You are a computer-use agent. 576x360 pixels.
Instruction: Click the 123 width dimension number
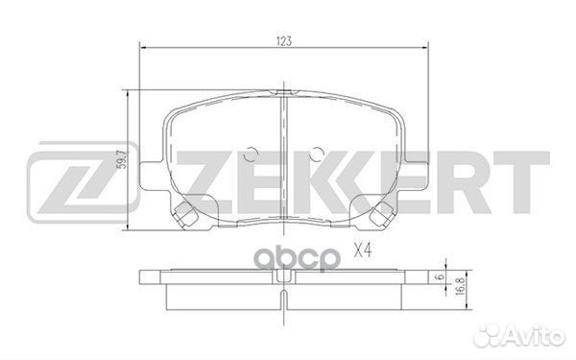(284, 40)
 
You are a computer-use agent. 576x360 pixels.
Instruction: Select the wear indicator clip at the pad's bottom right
(381, 217)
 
